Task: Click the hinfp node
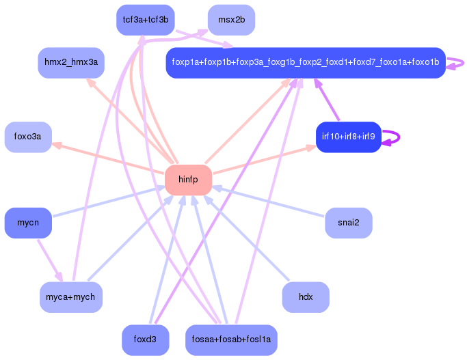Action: (188, 180)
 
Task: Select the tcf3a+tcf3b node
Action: (145, 20)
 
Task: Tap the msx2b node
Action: (231, 20)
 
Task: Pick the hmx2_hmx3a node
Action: (71, 63)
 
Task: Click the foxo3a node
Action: (28, 137)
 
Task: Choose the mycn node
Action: (28, 223)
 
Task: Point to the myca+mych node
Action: (71, 297)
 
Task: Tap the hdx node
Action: (306, 297)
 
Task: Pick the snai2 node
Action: (348, 223)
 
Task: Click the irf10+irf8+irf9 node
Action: (348, 137)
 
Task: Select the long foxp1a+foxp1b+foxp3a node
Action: (306, 63)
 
